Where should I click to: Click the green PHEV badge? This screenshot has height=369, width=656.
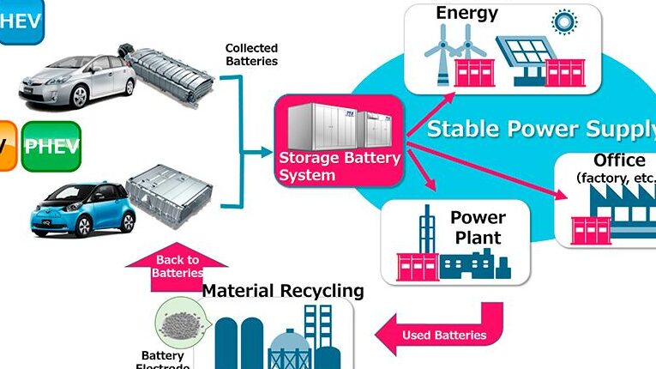point(51,145)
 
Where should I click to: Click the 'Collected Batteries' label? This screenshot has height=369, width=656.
point(251,54)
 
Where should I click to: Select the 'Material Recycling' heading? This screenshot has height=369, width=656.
point(283,291)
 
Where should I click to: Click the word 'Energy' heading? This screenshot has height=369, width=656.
point(467,13)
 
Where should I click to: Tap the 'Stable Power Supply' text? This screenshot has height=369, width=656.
point(541,130)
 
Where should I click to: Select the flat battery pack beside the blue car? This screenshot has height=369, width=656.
point(172,194)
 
